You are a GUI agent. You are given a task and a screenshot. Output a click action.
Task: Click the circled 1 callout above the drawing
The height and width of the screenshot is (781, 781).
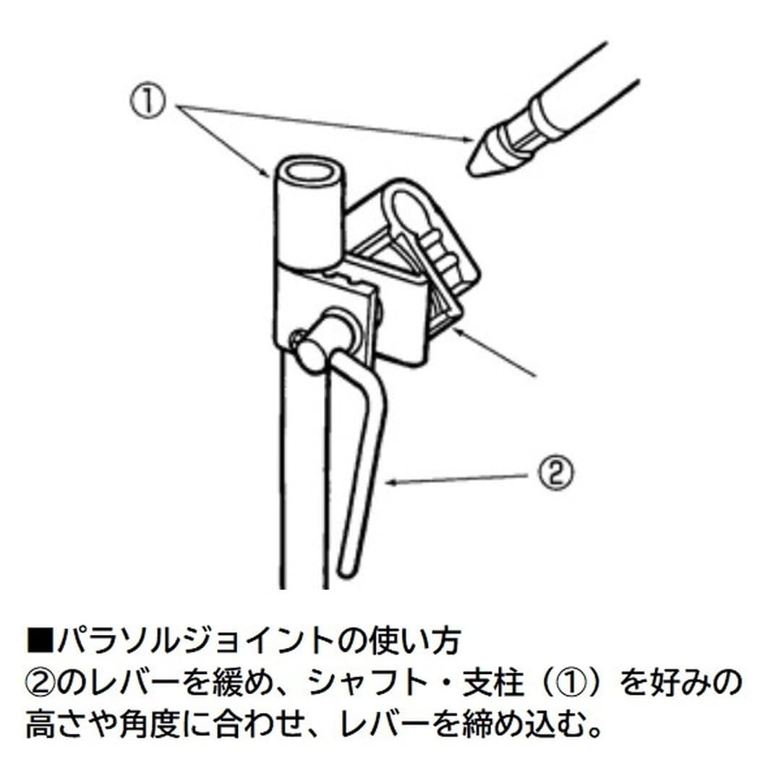tap(150, 103)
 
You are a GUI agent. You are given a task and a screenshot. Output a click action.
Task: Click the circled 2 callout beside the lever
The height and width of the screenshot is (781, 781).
tap(555, 474)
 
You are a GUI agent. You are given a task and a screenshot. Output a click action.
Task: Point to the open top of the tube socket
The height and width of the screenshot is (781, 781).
tap(310, 173)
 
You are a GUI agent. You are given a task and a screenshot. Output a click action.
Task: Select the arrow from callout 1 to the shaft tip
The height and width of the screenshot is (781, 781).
tap(325, 121)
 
